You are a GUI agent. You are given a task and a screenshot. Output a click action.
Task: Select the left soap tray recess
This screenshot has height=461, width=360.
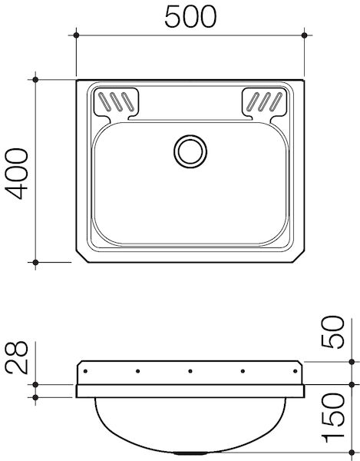(x=115, y=103)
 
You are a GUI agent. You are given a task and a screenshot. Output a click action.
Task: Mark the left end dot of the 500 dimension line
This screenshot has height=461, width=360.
(x=76, y=35)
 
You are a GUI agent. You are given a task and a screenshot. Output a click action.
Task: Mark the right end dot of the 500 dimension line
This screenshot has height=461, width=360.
(x=306, y=35)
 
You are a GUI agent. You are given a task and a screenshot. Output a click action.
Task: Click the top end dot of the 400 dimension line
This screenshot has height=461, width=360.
(x=36, y=78)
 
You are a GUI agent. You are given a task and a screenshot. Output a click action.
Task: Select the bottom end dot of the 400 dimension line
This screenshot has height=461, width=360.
(x=36, y=263)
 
